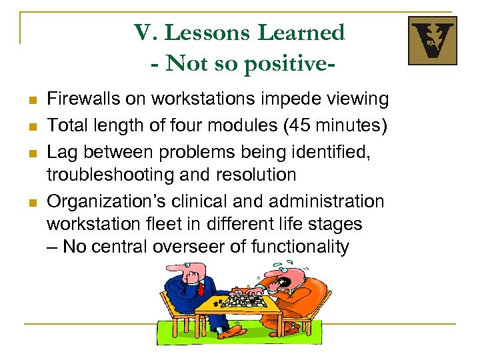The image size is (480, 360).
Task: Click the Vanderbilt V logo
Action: [432, 41]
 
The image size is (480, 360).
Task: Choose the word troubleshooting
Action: [109, 174]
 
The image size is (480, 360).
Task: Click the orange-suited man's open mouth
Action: [285, 282]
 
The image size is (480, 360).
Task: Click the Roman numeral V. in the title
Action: [146, 33]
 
